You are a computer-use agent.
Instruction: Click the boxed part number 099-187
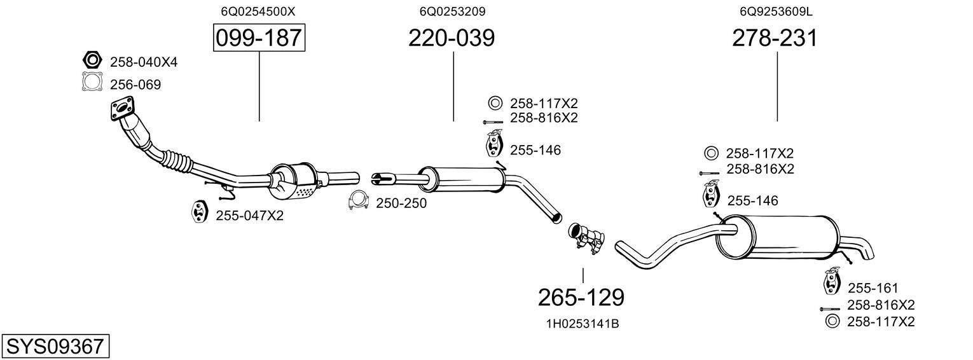(259, 38)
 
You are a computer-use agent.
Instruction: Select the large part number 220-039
(452, 38)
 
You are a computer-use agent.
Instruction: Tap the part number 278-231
(775, 38)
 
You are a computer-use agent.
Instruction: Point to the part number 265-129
(581, 297)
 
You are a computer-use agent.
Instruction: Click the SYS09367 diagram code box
(55, 347)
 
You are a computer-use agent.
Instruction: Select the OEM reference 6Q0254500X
(258, 11)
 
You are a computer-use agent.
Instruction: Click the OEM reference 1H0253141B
(583, 324)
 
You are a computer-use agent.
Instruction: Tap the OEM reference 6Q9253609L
(776, 11)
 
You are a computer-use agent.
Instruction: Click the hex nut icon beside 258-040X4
(92, 61)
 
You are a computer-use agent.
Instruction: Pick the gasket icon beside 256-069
(92, 83)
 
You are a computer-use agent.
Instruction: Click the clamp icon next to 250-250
(359, 201)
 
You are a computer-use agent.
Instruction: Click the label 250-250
(401, 204)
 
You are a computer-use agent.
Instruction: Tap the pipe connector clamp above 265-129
(585, 237)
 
